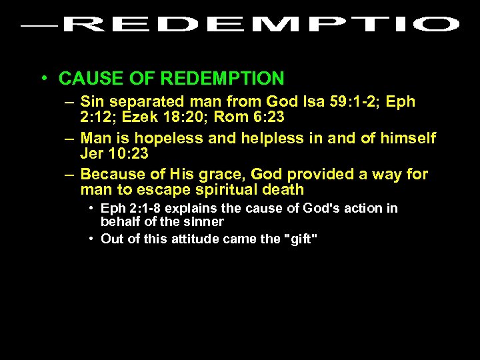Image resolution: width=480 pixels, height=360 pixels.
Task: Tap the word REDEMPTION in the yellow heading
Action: click(222, 79)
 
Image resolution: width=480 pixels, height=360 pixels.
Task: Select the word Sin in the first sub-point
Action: click(92, 102)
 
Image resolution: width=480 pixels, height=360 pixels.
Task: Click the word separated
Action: click(145, 102)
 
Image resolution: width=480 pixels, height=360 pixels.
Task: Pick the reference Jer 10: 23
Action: click(114, 154)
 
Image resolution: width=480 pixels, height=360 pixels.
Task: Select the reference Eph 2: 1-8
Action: click(134, 209)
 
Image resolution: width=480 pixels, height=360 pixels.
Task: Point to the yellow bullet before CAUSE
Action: click(43, 79)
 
